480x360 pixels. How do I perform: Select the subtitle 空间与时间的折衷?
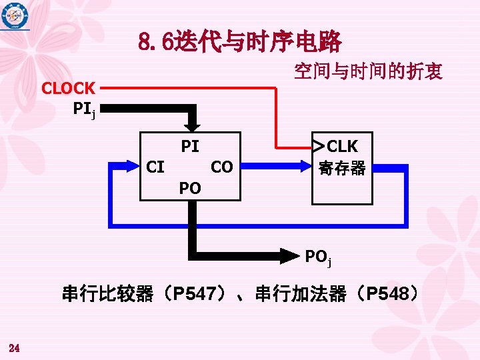tap(368, 72)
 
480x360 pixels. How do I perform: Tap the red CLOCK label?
tap(68, 87)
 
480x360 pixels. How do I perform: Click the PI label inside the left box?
tap(190, 146)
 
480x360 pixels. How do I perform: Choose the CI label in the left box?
tap(155, 167)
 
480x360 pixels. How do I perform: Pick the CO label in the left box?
tap(221, 167)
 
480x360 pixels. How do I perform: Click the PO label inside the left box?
tap(190, 189)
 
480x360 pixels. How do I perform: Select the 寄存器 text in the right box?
tap(342, 168)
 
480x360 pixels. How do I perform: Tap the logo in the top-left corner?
tap(15, 17)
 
